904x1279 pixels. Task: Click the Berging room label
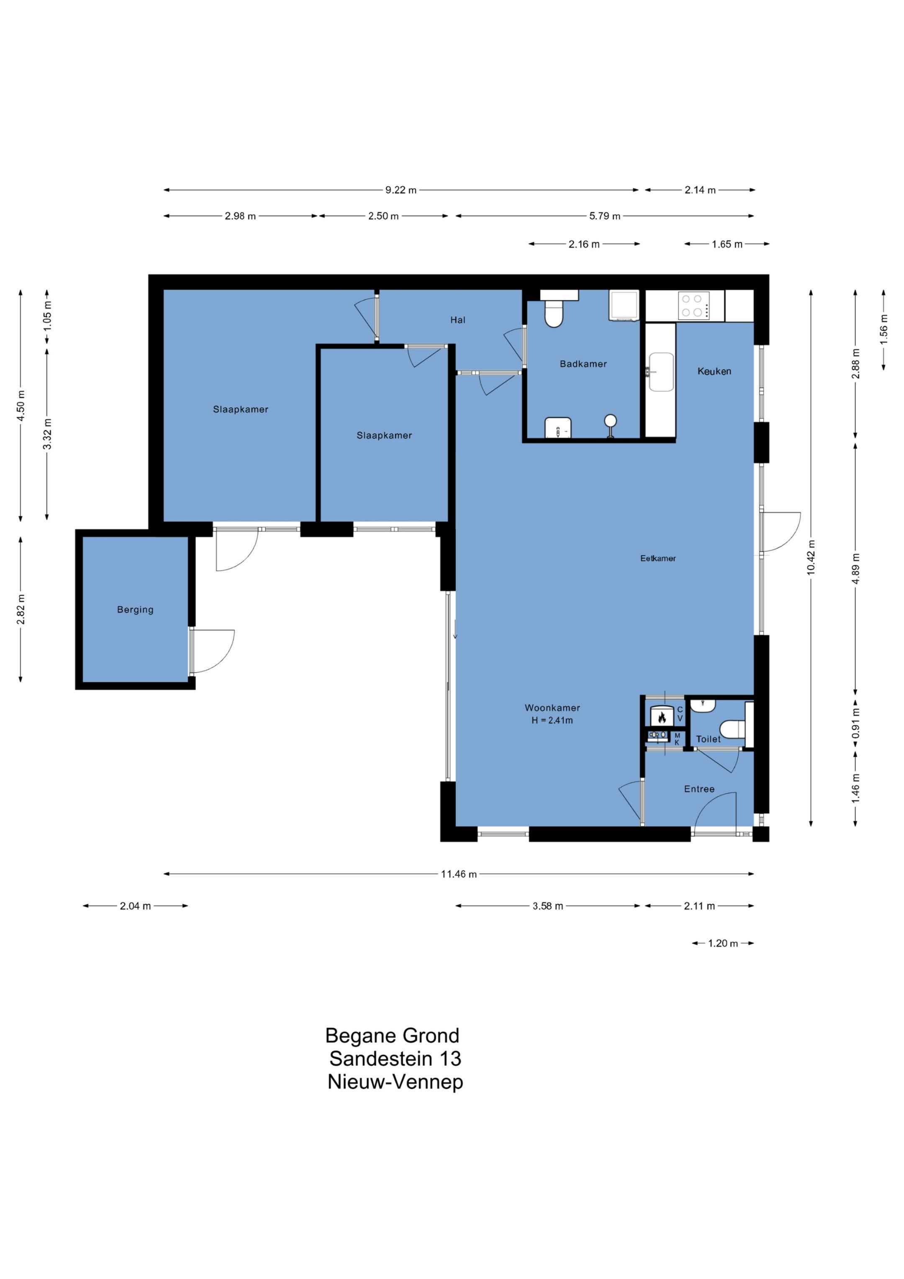pyautogui.click(x=135, y=610)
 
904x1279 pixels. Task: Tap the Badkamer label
pyautogui.click(x=583, y=364)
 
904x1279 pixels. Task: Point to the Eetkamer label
pyautogui.click(x=658, y=558)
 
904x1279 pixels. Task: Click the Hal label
pyautogui.click(x=458, y=320)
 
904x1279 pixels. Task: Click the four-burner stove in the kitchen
pyautogui.click(x=694, y=305)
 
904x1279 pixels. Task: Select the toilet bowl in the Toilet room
pyautogui.click(x=732, y=729)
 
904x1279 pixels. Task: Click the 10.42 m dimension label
pyautogui.click(x=811, y=558)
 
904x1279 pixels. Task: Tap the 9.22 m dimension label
pyautogui.click(x=401, y=190)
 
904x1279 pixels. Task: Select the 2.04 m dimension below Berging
pyautogui.click(x=135, y=906)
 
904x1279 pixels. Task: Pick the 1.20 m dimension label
pyautogui.click(x=723, y=943)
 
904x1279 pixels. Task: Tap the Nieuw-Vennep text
pyautogui.click(x=395, y=1082)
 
